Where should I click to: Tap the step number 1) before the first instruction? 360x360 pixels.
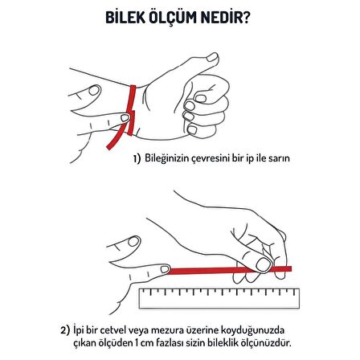click(137, 159)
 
